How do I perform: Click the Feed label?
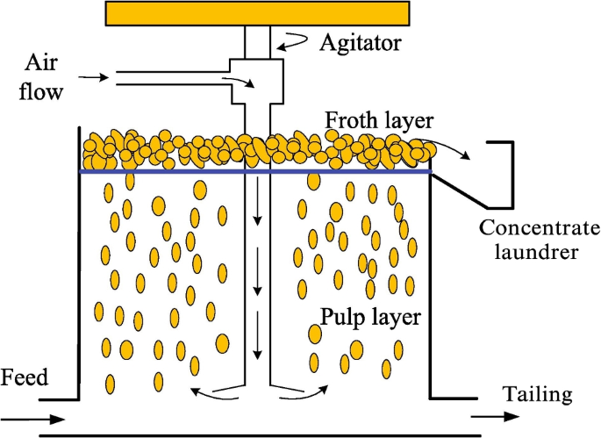point(25,379)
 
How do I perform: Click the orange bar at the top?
point(257,12)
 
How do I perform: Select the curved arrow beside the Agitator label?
point(291,39)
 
